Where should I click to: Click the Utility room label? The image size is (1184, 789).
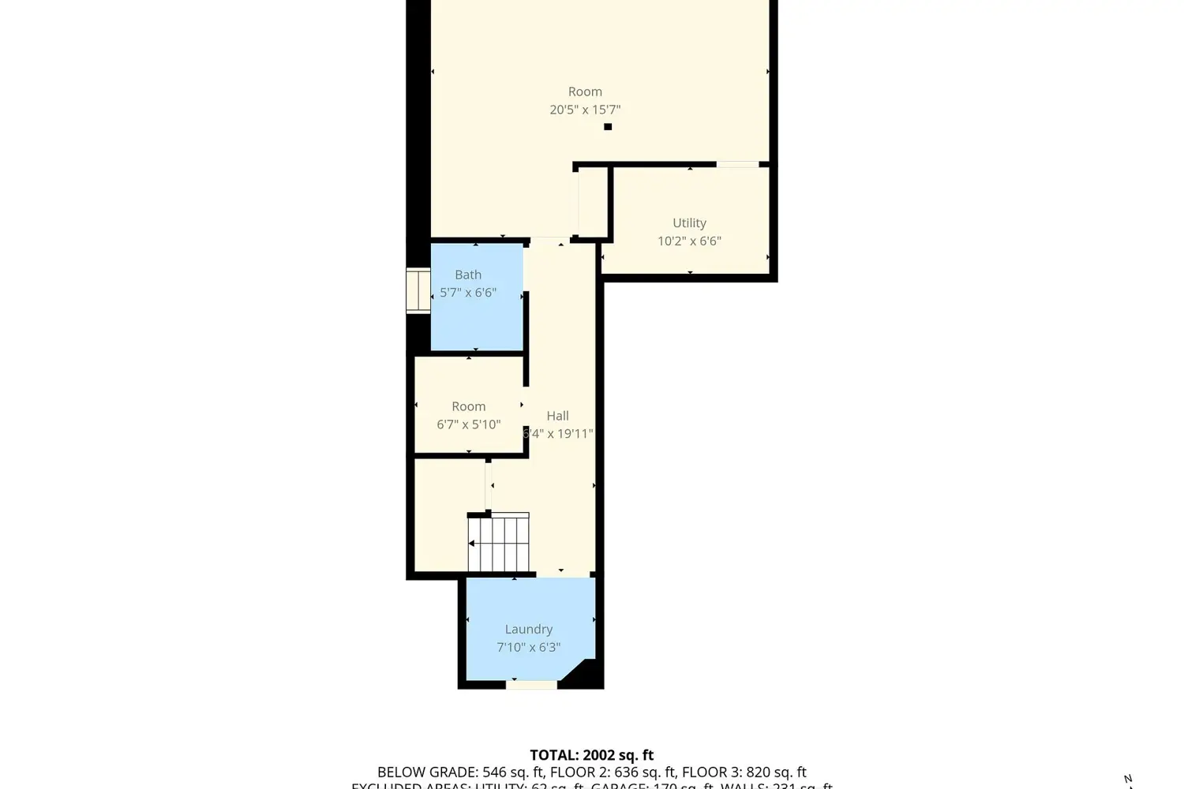click(689, 223)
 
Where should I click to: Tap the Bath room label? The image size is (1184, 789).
click(468, 275)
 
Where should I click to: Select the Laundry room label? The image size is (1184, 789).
click(528, 629)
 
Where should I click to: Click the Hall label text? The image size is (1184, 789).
click(557, 416)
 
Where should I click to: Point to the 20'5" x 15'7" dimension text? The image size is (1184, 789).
click(585, 110)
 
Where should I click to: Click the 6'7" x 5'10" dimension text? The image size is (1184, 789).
click(468, 424)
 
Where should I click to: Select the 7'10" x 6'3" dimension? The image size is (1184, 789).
click(528, 647)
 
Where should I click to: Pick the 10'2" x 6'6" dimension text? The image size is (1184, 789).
click(689, 241)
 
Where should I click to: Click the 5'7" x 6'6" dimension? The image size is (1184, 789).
click(468, 293)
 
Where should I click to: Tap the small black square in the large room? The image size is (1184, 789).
click(608, 126)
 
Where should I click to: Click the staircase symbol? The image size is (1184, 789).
click(499, 543)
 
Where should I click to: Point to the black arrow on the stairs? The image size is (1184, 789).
click(472, 544)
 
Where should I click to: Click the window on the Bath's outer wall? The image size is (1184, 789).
click(418, 291)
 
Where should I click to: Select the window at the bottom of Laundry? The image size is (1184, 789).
click(531, 685)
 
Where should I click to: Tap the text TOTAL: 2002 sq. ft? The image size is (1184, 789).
click(591, 755)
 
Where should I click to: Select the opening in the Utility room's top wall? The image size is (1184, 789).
click(737, 164)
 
